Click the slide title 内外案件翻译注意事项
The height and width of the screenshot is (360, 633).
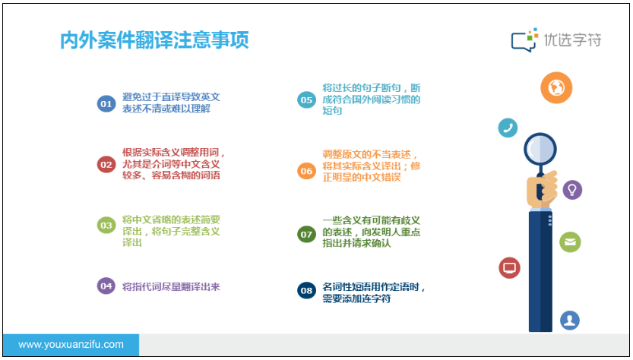pos(154,40)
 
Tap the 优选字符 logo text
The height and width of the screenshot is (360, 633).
pos(572,40)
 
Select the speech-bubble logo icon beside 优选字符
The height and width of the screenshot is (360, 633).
pos(524,40)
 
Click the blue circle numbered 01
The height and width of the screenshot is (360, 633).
pos(106,104)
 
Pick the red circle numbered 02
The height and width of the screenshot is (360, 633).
pos(106,165)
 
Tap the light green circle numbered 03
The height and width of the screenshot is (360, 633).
pos(106,226)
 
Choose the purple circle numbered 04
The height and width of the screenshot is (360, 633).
pos(106,286)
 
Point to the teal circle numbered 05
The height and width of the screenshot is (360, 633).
pos(306,100)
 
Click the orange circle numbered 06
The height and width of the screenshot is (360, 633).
pos(306,171)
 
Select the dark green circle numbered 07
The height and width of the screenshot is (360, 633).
pos(306,234)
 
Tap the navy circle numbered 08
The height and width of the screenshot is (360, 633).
pos(306,291)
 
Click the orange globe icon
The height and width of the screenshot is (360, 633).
pos(556,87)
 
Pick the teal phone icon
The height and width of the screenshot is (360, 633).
pos(508,128)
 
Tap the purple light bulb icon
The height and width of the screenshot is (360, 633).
pos(572,190)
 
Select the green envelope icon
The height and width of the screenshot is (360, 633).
pos(570,242)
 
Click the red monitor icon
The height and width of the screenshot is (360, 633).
pos(509,267)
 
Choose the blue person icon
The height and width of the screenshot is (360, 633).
pos(570,321)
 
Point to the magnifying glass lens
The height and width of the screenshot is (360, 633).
pos(540,150)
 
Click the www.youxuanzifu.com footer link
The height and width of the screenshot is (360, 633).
pos(71,345)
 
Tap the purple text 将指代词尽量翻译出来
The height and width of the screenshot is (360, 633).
pos(171,287)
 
